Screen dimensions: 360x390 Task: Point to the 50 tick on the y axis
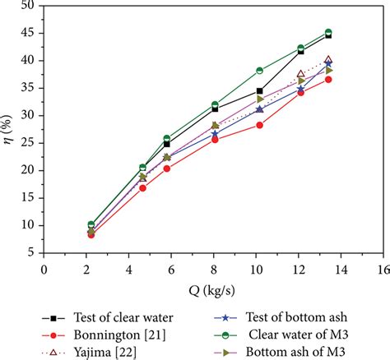[30, 6]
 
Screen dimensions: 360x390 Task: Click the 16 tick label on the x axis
[381, 268]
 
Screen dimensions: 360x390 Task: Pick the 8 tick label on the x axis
[212, 268]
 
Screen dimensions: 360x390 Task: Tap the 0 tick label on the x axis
[44, 268]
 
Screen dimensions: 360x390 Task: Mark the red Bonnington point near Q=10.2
[259, 125]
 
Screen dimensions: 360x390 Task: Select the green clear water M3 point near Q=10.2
[259, 71]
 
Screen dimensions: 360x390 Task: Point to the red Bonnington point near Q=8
[215, 140]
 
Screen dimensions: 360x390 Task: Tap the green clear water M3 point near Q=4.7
[142, 167]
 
